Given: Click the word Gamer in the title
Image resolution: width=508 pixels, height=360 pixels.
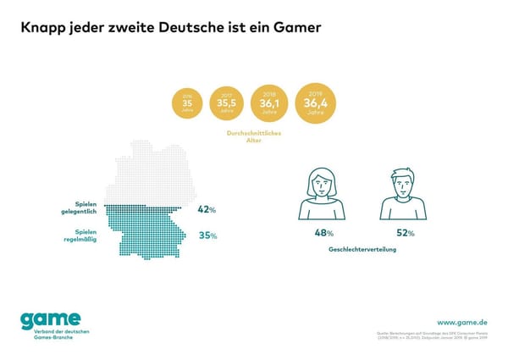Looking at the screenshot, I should point(295,27).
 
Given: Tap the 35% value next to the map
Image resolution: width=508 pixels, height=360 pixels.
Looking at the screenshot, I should point(207,235).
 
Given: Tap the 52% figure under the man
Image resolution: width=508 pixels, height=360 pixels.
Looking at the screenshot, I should point(404,232).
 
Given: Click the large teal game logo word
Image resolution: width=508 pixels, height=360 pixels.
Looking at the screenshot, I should point(52,320).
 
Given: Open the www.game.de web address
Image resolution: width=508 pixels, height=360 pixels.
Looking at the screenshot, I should point(461,323).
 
